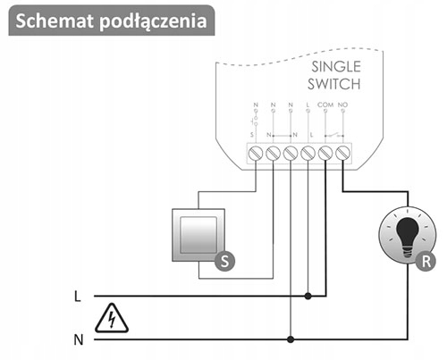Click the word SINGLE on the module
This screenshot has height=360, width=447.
tap(335, 67)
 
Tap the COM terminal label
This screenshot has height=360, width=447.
tap(325, 105)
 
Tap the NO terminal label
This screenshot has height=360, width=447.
tap(342, 105)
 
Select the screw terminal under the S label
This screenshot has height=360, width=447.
tap(256, 154)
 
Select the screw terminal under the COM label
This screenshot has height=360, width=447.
tap(325, 154)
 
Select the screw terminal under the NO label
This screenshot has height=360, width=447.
tap(342, 154)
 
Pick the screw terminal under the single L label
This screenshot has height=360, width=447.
tap(308, 154)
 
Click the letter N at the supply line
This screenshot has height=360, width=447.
tap(78, 339)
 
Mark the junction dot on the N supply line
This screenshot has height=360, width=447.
tap(291, 339)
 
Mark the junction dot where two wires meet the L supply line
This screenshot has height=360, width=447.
tap(308, 295)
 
